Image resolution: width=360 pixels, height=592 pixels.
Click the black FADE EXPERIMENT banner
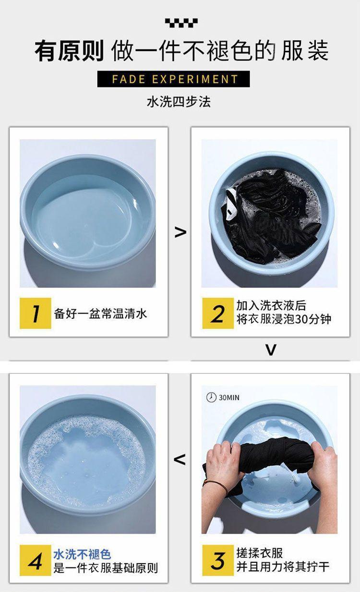pos(173,79)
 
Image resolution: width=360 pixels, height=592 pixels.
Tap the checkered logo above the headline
pos(181,23)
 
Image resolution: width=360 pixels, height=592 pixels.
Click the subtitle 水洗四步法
pos(179,102)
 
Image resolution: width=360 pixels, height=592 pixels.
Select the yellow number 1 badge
pos(36,313)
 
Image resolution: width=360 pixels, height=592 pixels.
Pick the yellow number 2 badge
pos(218,313)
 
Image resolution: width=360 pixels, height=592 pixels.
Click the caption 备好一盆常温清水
pos(100,314)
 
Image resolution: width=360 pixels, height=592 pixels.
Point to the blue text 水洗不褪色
pos(82,554)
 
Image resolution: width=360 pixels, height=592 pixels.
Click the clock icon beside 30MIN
pos(211,397)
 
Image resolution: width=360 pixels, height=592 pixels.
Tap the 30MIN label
pos(229,398)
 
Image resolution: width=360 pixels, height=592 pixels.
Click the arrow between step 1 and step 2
pos(180,232)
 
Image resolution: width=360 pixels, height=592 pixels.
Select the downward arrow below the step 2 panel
pos(271,350)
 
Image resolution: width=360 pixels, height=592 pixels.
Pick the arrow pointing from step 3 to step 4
pos(180,460)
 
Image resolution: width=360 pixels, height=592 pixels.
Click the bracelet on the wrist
pos(216,485)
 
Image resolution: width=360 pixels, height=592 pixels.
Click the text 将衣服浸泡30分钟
pos(284,319)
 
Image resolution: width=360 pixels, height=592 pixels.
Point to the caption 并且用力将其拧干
pos(283,567)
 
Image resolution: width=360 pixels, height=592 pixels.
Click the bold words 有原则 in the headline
pos(69,50)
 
